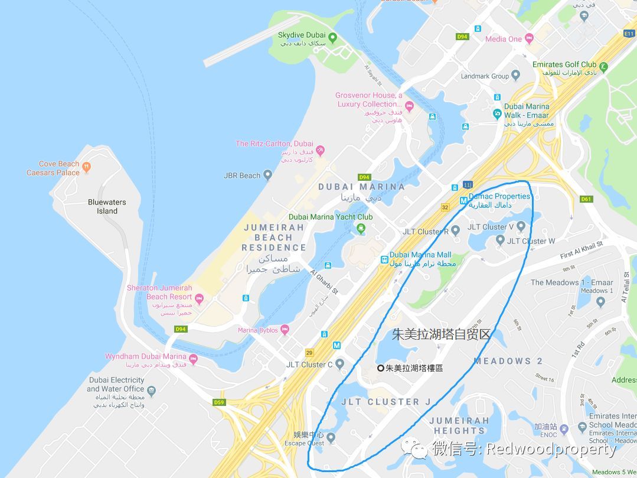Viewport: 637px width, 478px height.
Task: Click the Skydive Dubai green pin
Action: (x=332, y=39)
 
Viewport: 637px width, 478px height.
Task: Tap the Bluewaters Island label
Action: (x=107, y=206)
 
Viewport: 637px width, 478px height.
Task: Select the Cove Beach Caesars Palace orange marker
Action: (x=87, y=167)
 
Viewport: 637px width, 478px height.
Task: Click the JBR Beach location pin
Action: (x=267, y=175)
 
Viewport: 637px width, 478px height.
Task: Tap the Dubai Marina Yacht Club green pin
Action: (x=361, y=227)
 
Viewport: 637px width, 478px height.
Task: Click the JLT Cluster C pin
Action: (x=339, y=365)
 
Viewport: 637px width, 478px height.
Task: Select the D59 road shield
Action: (x=220, y=402)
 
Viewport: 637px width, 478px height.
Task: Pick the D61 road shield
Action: (x=586, y=199)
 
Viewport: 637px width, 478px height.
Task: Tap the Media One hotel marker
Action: (x=529, y=39)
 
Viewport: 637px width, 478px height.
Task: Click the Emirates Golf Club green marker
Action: (x=603, y=66)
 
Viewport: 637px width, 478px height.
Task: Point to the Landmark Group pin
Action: (x=515, y=76)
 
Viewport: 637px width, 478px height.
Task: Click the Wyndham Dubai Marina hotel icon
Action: (x=193, y=360)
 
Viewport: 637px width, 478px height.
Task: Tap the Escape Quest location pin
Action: (x=331, y=438)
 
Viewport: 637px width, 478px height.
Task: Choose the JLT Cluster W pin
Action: (x=500, y=240)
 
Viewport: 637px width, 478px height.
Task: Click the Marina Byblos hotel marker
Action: (x=285, y=330)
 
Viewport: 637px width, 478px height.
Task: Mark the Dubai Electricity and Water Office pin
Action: (x=151, y=391)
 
